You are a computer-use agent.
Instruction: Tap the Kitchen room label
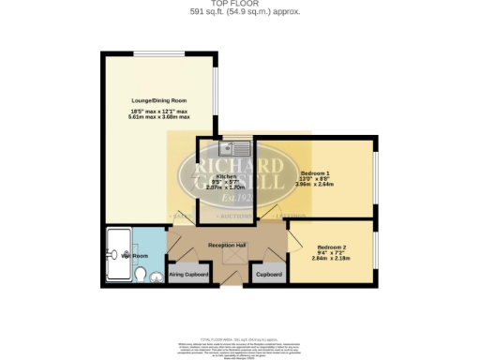click(225, 175)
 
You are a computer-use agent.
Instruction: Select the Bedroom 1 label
click(315, 172)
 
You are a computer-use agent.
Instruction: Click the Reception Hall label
click(228, 245)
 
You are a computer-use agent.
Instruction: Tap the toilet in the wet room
click(140, 275)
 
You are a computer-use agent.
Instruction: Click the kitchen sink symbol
click(231, 147)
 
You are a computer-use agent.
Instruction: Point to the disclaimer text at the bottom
click(239, 347)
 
